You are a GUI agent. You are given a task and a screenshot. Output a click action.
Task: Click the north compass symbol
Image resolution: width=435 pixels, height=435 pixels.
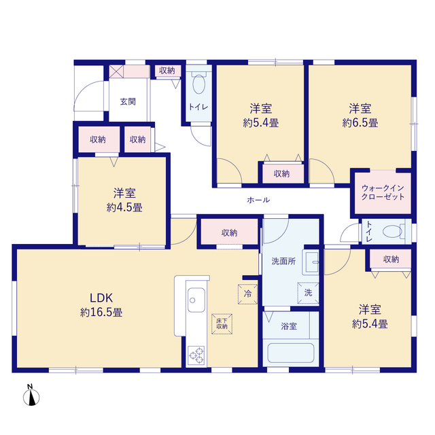(31, 395)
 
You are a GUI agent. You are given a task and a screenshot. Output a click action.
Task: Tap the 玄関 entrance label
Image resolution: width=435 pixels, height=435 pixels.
(128, 102)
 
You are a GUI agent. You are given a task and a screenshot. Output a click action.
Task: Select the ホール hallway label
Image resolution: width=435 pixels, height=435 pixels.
(258, 200)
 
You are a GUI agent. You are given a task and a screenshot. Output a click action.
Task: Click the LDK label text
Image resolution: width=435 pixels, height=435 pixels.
(101, 298)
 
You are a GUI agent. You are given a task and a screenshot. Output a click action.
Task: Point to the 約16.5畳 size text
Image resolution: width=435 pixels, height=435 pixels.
(101, 313)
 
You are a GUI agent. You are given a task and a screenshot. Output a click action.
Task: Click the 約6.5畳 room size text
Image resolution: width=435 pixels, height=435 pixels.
(360, 122)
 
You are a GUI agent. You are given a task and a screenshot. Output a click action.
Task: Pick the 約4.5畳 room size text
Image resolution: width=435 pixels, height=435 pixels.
(124, 207)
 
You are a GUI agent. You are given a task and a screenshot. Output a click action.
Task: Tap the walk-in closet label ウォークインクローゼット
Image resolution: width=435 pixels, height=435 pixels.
(383, 192)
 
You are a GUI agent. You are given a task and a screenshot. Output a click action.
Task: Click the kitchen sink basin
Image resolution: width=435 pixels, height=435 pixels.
(196, 300)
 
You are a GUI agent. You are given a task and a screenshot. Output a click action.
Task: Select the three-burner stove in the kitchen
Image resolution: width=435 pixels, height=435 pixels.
(196, 355)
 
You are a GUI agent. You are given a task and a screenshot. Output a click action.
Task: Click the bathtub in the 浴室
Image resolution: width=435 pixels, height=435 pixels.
(291, 353)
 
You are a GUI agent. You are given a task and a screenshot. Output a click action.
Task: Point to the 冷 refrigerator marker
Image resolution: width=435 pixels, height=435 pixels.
(247, 294)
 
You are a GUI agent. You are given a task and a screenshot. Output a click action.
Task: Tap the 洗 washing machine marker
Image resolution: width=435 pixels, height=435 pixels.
(308, 293)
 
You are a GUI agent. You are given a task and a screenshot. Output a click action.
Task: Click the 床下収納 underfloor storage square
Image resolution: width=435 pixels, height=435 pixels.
(222, 324)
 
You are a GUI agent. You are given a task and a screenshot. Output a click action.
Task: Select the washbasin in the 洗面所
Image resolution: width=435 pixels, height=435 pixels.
(311, 262)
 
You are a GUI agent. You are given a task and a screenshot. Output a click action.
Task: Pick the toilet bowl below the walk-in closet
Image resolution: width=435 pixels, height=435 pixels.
(393, 231)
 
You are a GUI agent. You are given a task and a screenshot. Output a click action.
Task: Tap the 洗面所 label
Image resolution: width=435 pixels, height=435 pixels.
(283, 261)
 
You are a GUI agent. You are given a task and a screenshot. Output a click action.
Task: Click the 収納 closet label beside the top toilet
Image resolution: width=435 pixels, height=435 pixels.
(167, 71)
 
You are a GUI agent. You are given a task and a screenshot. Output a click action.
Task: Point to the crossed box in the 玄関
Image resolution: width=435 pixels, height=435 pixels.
(116, 71)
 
